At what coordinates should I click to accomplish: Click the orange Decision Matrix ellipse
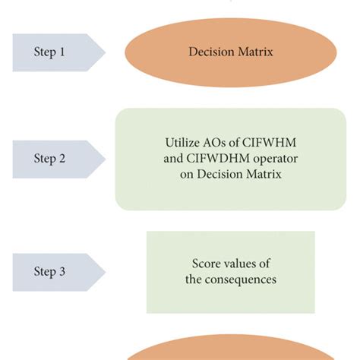tap(229, 52)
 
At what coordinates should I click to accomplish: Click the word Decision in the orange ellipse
tap(210, 52)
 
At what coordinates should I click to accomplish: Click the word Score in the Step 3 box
tap(206, 264)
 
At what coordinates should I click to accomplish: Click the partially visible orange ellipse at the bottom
tap(229, 349)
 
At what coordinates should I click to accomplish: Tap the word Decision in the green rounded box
tap(204, 174)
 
